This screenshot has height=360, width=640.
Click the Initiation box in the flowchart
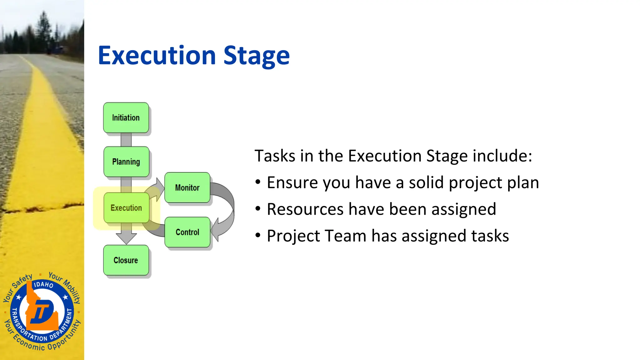pyautogui.click(x=126, y=118)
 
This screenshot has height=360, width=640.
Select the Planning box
pyautogui.click(x=126, y=162)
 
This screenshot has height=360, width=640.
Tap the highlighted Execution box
pyautogui.click(x=126, y=208)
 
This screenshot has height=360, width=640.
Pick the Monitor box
pyautogui.click(x=187, y=187)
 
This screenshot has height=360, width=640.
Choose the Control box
pyautogui.click(x=187, y=232)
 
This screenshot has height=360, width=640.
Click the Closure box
pyautogui.click(x=126, y=260)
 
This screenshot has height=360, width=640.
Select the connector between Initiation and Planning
pyautogui.click(x=126, y=140)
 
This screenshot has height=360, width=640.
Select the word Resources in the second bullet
pyautogui.click(x=305, y=209)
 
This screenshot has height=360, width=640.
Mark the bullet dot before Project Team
pyautogui.click(x=258, y=235)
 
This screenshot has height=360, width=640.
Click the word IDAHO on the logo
pyautogui.click(x=43, y=284)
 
